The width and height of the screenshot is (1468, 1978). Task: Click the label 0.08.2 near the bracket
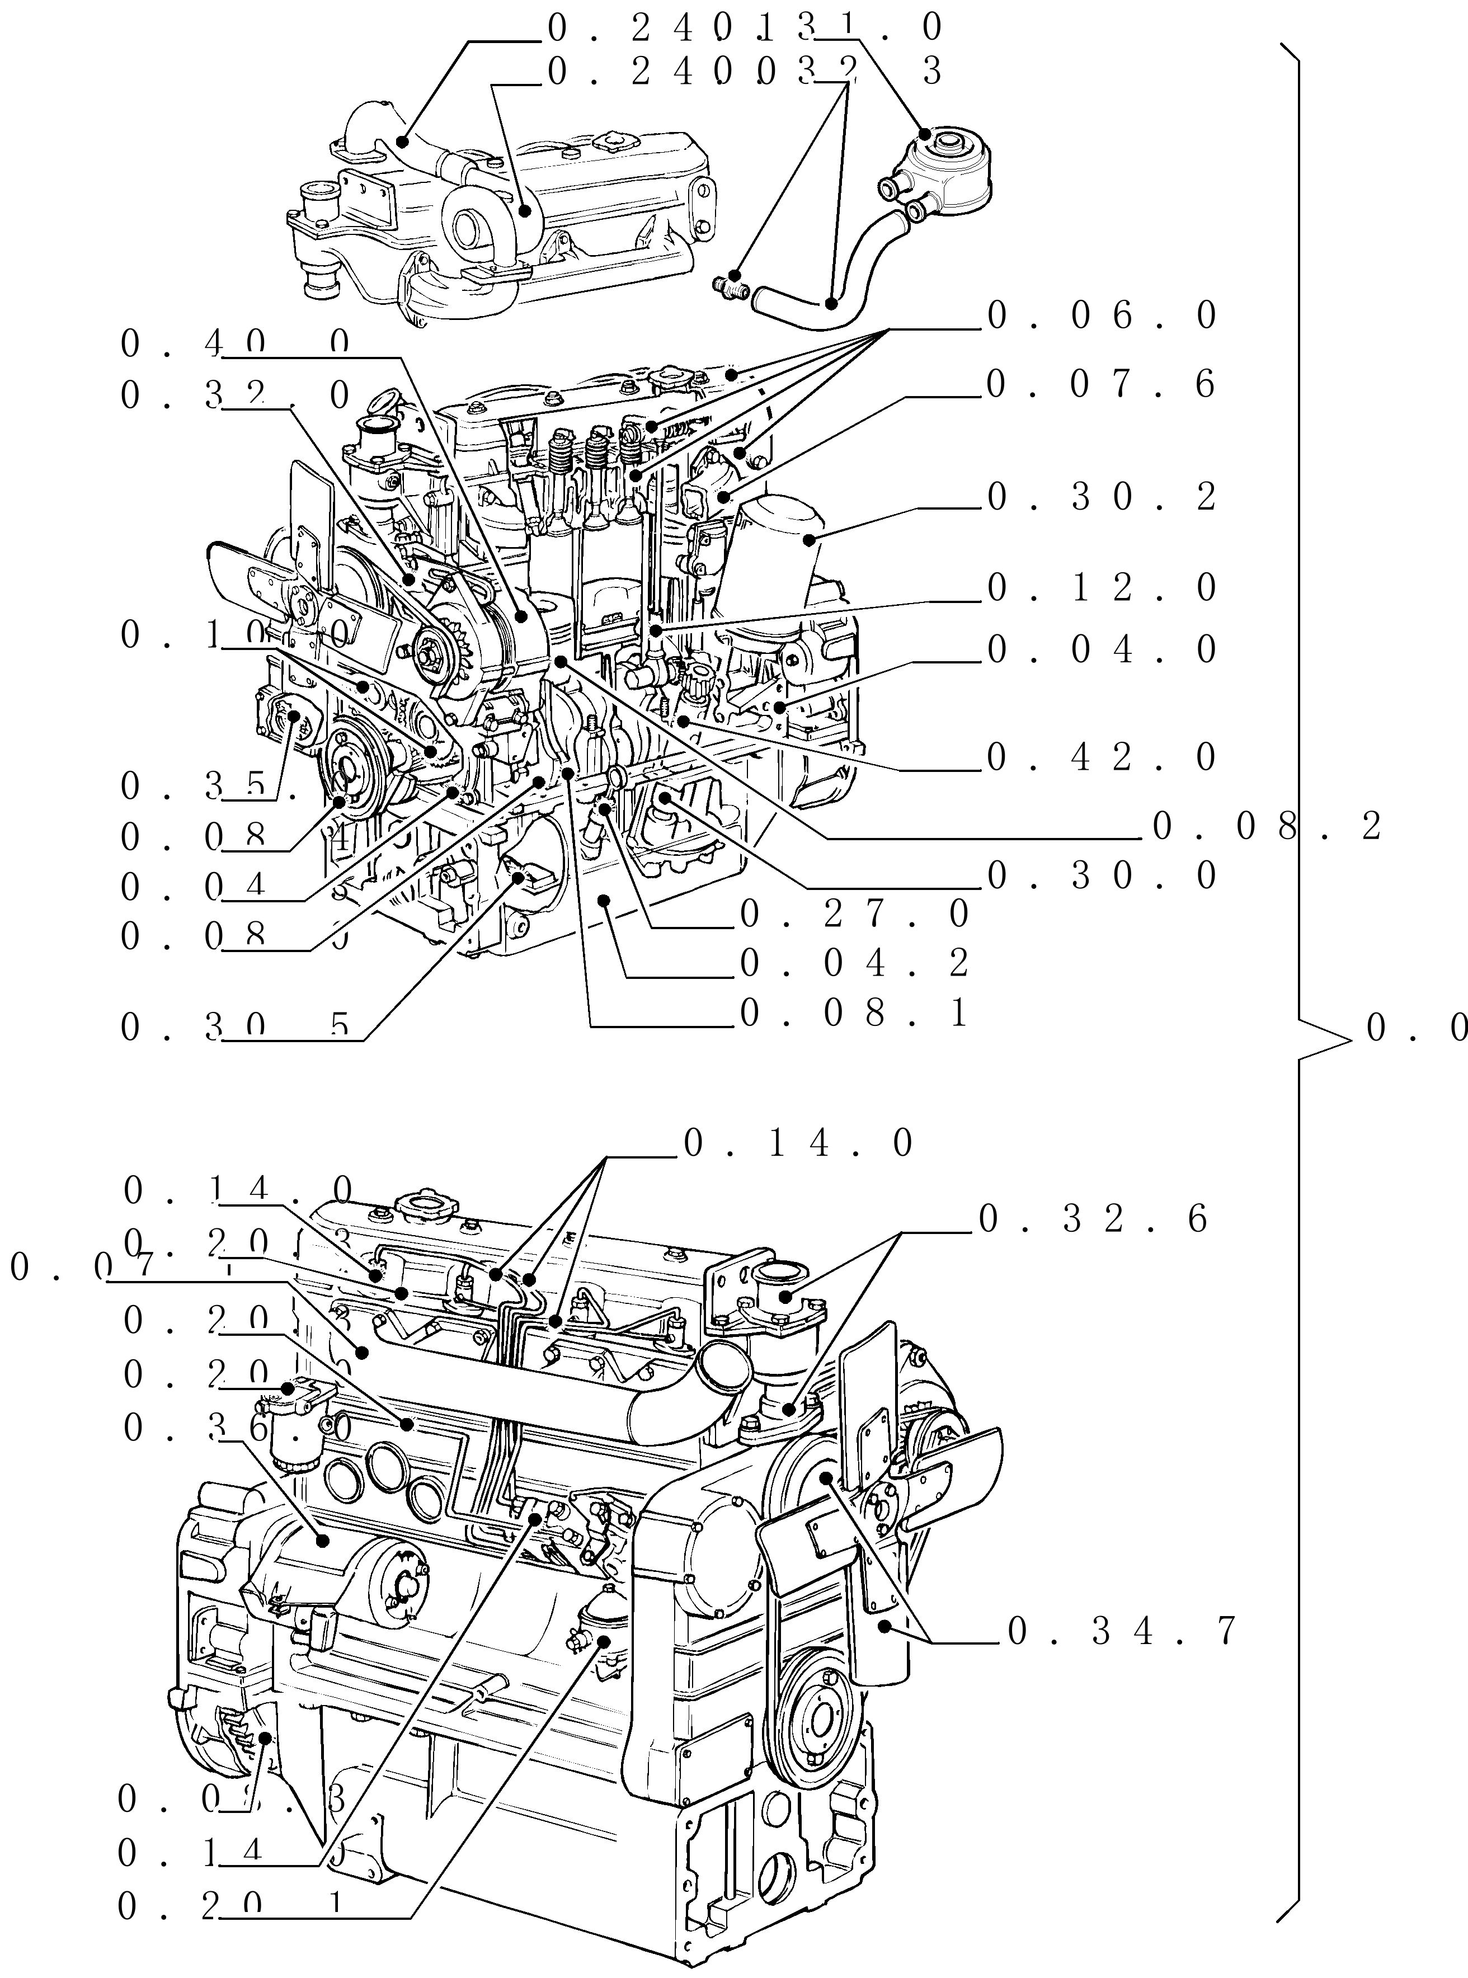click(x=1266, y=827)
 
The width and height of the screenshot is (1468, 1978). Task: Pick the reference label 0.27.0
click(x=853, y=913)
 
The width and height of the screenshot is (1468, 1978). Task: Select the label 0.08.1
click(x=853, y=1013)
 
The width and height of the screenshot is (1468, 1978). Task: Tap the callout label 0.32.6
click(x=1093, y=1219)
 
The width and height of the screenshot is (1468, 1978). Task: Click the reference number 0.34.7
click(x=1122, y=1631)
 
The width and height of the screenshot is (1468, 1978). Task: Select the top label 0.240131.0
click(x=745, y=29)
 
